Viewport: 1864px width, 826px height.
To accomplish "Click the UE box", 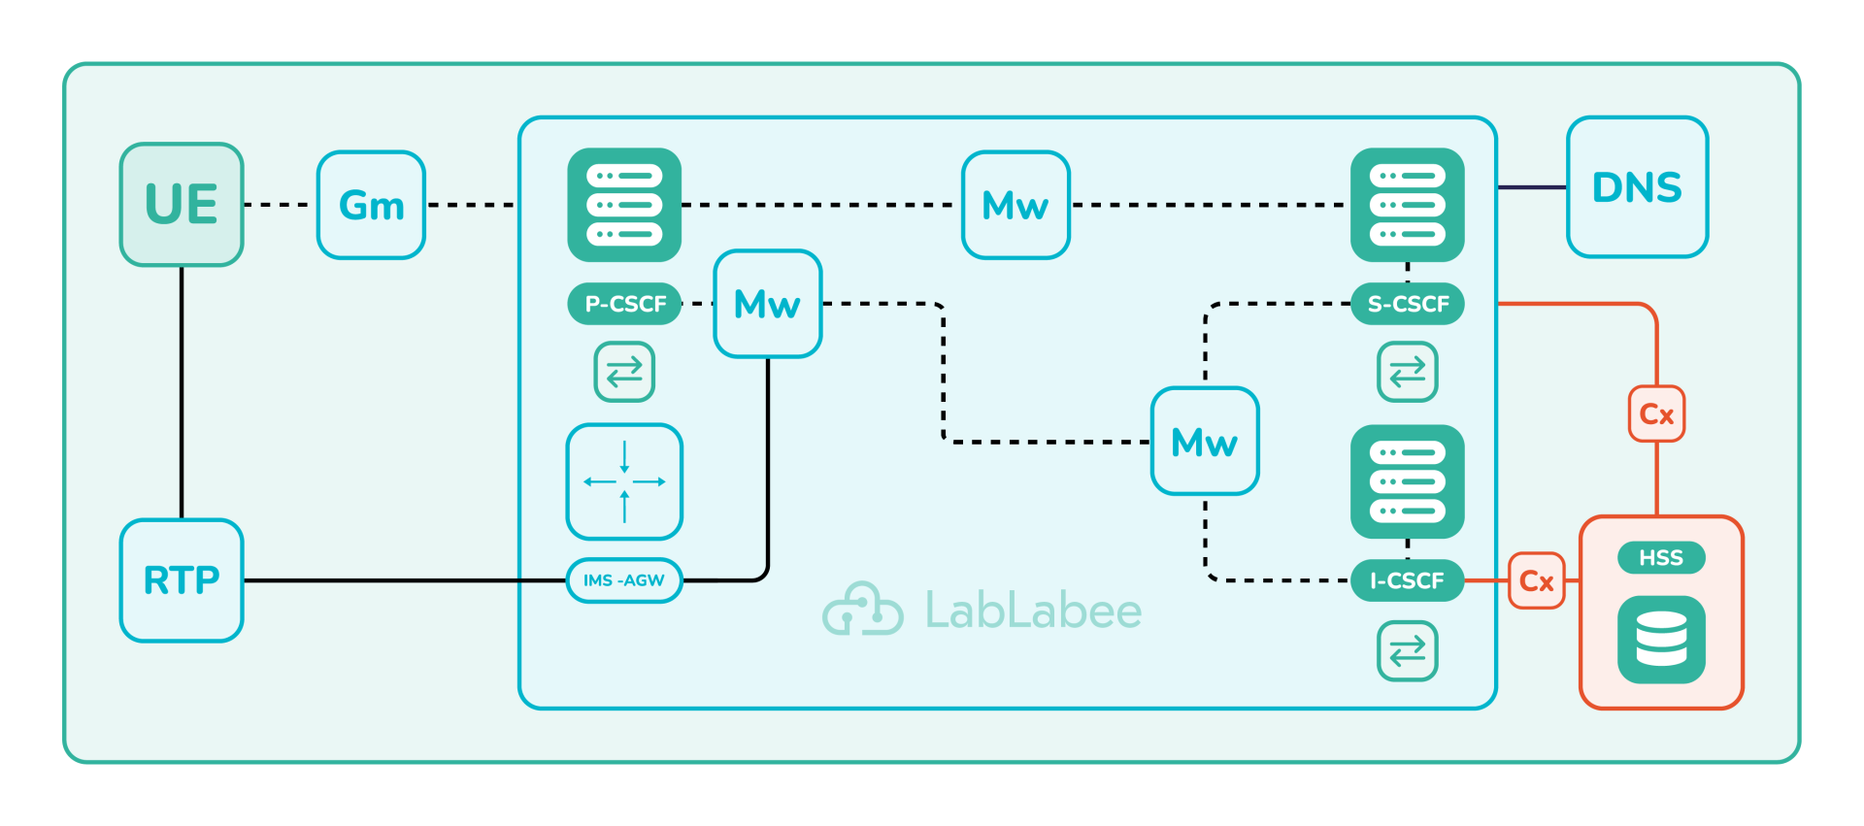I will click(x=182, y=205).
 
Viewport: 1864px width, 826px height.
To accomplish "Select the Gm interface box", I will click(x=371, y=205).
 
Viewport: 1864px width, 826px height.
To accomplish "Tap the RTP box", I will click(x=182, y=580).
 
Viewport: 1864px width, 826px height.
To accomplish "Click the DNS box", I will click(x=1637, y=187).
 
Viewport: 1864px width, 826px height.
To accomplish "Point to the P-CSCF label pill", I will click(x=624, y=304).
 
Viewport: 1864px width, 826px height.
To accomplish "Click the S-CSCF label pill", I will click(x=1408, y=304).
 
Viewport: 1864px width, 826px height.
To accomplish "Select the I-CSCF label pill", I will click(x=1407, y=580).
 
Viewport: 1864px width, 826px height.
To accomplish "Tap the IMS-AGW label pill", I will click(x=623, y=580).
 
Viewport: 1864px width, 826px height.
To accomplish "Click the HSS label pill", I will click(x=1661, y=557).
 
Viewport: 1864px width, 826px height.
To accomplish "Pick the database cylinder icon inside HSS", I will click(x=1661, y=640).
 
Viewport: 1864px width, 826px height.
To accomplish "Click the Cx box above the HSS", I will click(x=1656, y=414).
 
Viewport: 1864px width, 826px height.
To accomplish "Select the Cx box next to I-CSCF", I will click(x=1536, y=580).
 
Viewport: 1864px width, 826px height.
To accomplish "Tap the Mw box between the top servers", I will click(x=1015, y=205).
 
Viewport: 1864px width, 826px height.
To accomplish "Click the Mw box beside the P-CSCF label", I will click(x=767, y=304).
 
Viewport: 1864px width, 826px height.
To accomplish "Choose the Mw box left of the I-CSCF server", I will click(x=1205, y=442).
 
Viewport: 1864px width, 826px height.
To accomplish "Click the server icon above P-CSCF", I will click(x=624, y=205).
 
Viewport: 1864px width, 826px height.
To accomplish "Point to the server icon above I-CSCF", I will click(x=1407, y=481).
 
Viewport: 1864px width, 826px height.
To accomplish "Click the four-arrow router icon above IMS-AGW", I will click(x=624, y=481).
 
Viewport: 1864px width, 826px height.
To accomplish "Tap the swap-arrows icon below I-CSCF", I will click(x=1407, y=651).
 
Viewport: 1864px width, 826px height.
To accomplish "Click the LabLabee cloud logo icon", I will click(x=862, y=610).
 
